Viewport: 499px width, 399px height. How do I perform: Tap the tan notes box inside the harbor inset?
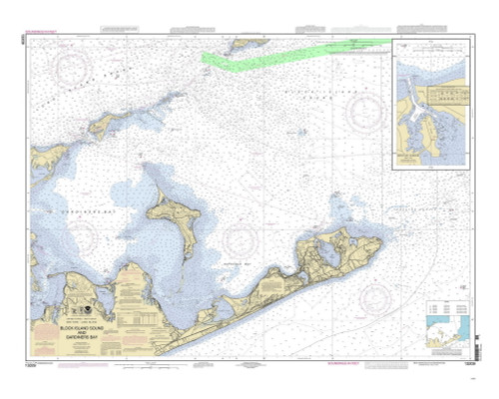point(440,96)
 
